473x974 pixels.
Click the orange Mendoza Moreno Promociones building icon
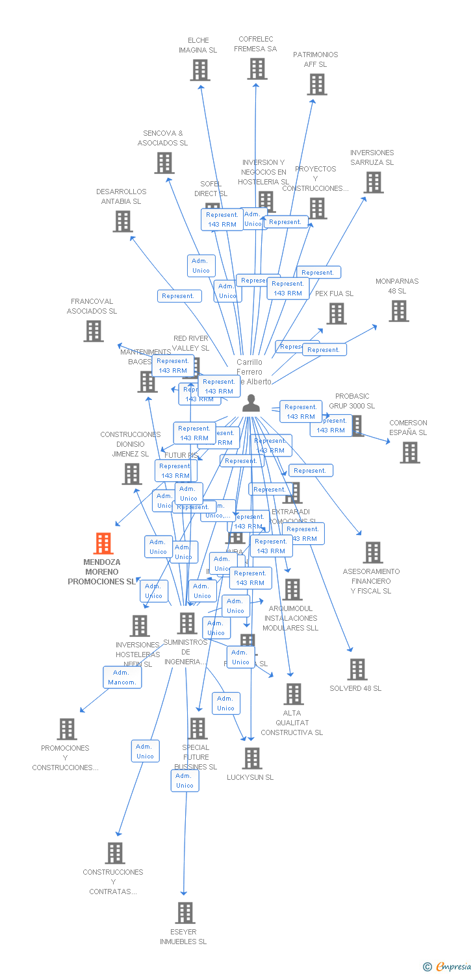click(103, 543)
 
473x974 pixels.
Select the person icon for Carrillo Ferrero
click(250, 404)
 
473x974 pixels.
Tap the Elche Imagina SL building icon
click(200, 70)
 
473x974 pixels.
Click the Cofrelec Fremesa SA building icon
click(257, 68)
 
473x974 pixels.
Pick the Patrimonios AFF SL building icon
click(316, 84)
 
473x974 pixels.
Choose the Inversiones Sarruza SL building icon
click(373, 182)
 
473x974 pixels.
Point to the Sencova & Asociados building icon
click(164, 162)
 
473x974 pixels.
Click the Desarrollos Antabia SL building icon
click(122, 221)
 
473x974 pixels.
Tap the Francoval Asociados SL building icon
click(94, 331)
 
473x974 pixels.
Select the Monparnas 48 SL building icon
click(398, 311)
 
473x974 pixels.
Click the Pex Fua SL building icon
click(336, 314)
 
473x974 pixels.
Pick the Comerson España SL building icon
click(409, 453)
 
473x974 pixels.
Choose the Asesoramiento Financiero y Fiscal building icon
click(372, 553)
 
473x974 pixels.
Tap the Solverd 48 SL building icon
click(357, 669)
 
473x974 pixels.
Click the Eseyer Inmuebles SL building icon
click(185, 913)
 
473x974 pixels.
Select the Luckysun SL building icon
click(251, 758)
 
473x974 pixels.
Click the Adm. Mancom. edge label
click(122, 677)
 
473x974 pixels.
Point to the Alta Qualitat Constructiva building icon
click(293, 694)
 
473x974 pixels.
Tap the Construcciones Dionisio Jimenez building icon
click(132, 474)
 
